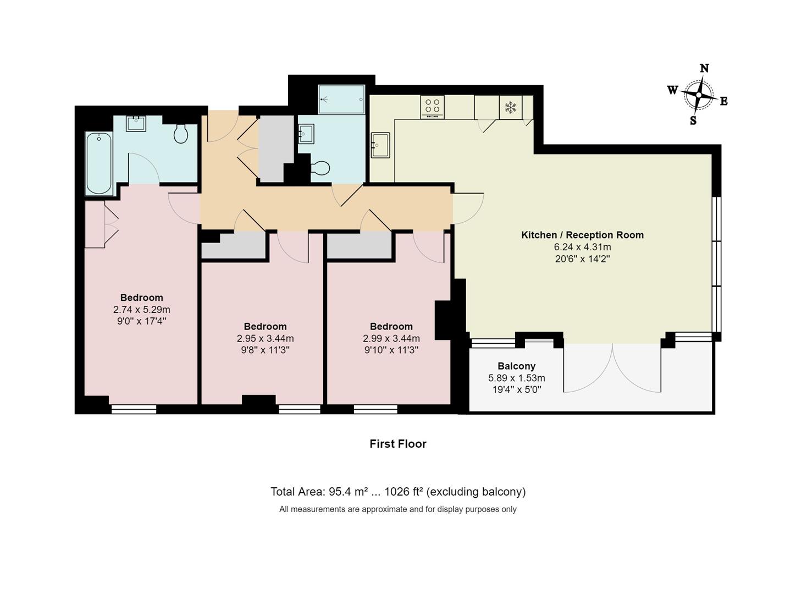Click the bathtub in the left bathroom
coord(99,163)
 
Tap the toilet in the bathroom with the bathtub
coord(181,133)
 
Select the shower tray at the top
coord(341,100)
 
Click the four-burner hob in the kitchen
coord(433,106)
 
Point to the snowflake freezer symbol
coord(511,107)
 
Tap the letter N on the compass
coord(704,68)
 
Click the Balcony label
coord(516,366)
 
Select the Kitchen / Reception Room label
coord(582,235)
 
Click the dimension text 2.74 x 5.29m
coord(141,310)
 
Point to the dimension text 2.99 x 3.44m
coord(391,338)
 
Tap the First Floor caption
coord(397,444)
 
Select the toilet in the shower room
coord(320,167)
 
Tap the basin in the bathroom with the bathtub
coord(136,123)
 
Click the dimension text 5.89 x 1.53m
coord(516,378)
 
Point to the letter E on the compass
coord(724,101)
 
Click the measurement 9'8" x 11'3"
coord(265,350)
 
